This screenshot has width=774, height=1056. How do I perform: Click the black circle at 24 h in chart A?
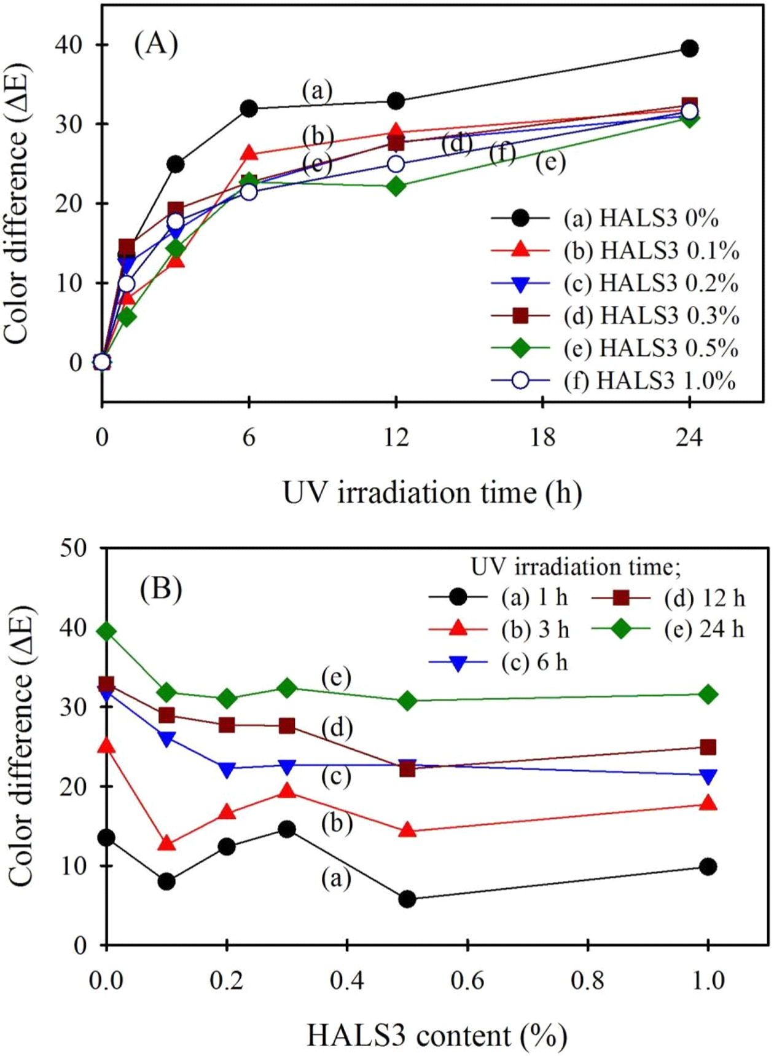[690, 49]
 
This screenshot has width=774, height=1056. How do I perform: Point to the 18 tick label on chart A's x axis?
[543, 438]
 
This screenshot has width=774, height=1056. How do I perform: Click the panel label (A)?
[156, 44]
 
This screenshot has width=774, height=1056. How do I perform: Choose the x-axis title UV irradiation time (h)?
[432, 493]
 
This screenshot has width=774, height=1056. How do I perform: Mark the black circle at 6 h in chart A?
[249, 109]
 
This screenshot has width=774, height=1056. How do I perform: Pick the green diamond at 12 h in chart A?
[396, 186]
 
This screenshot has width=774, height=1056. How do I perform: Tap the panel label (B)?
[161, 589]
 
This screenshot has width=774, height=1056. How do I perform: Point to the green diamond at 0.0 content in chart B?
[107, 631]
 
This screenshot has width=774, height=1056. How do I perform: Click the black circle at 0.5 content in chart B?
[407, 899]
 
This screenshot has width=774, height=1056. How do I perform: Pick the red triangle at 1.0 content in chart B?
[708, 803]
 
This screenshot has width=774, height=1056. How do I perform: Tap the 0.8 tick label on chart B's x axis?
[588, 981]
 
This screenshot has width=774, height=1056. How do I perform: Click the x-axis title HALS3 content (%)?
[437, 1036]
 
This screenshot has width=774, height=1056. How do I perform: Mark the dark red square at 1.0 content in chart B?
[708, 747]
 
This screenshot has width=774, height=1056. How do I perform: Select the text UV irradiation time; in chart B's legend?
[576, 567]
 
